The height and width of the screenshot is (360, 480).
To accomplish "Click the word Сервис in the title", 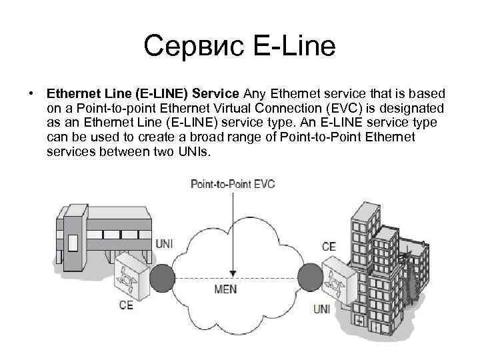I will tap(193, 47).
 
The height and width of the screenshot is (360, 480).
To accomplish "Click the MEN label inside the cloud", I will tap(225, 290).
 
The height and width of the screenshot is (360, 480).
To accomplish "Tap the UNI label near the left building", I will tap(164, 244).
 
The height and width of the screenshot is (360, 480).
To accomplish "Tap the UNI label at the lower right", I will tap(321, 309).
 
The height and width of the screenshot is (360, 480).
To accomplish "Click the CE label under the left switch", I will tap(126, 305).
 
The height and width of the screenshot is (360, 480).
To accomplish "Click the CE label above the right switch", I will tap(329, 247).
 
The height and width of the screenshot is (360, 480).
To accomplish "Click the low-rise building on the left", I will tap(100, 230).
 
